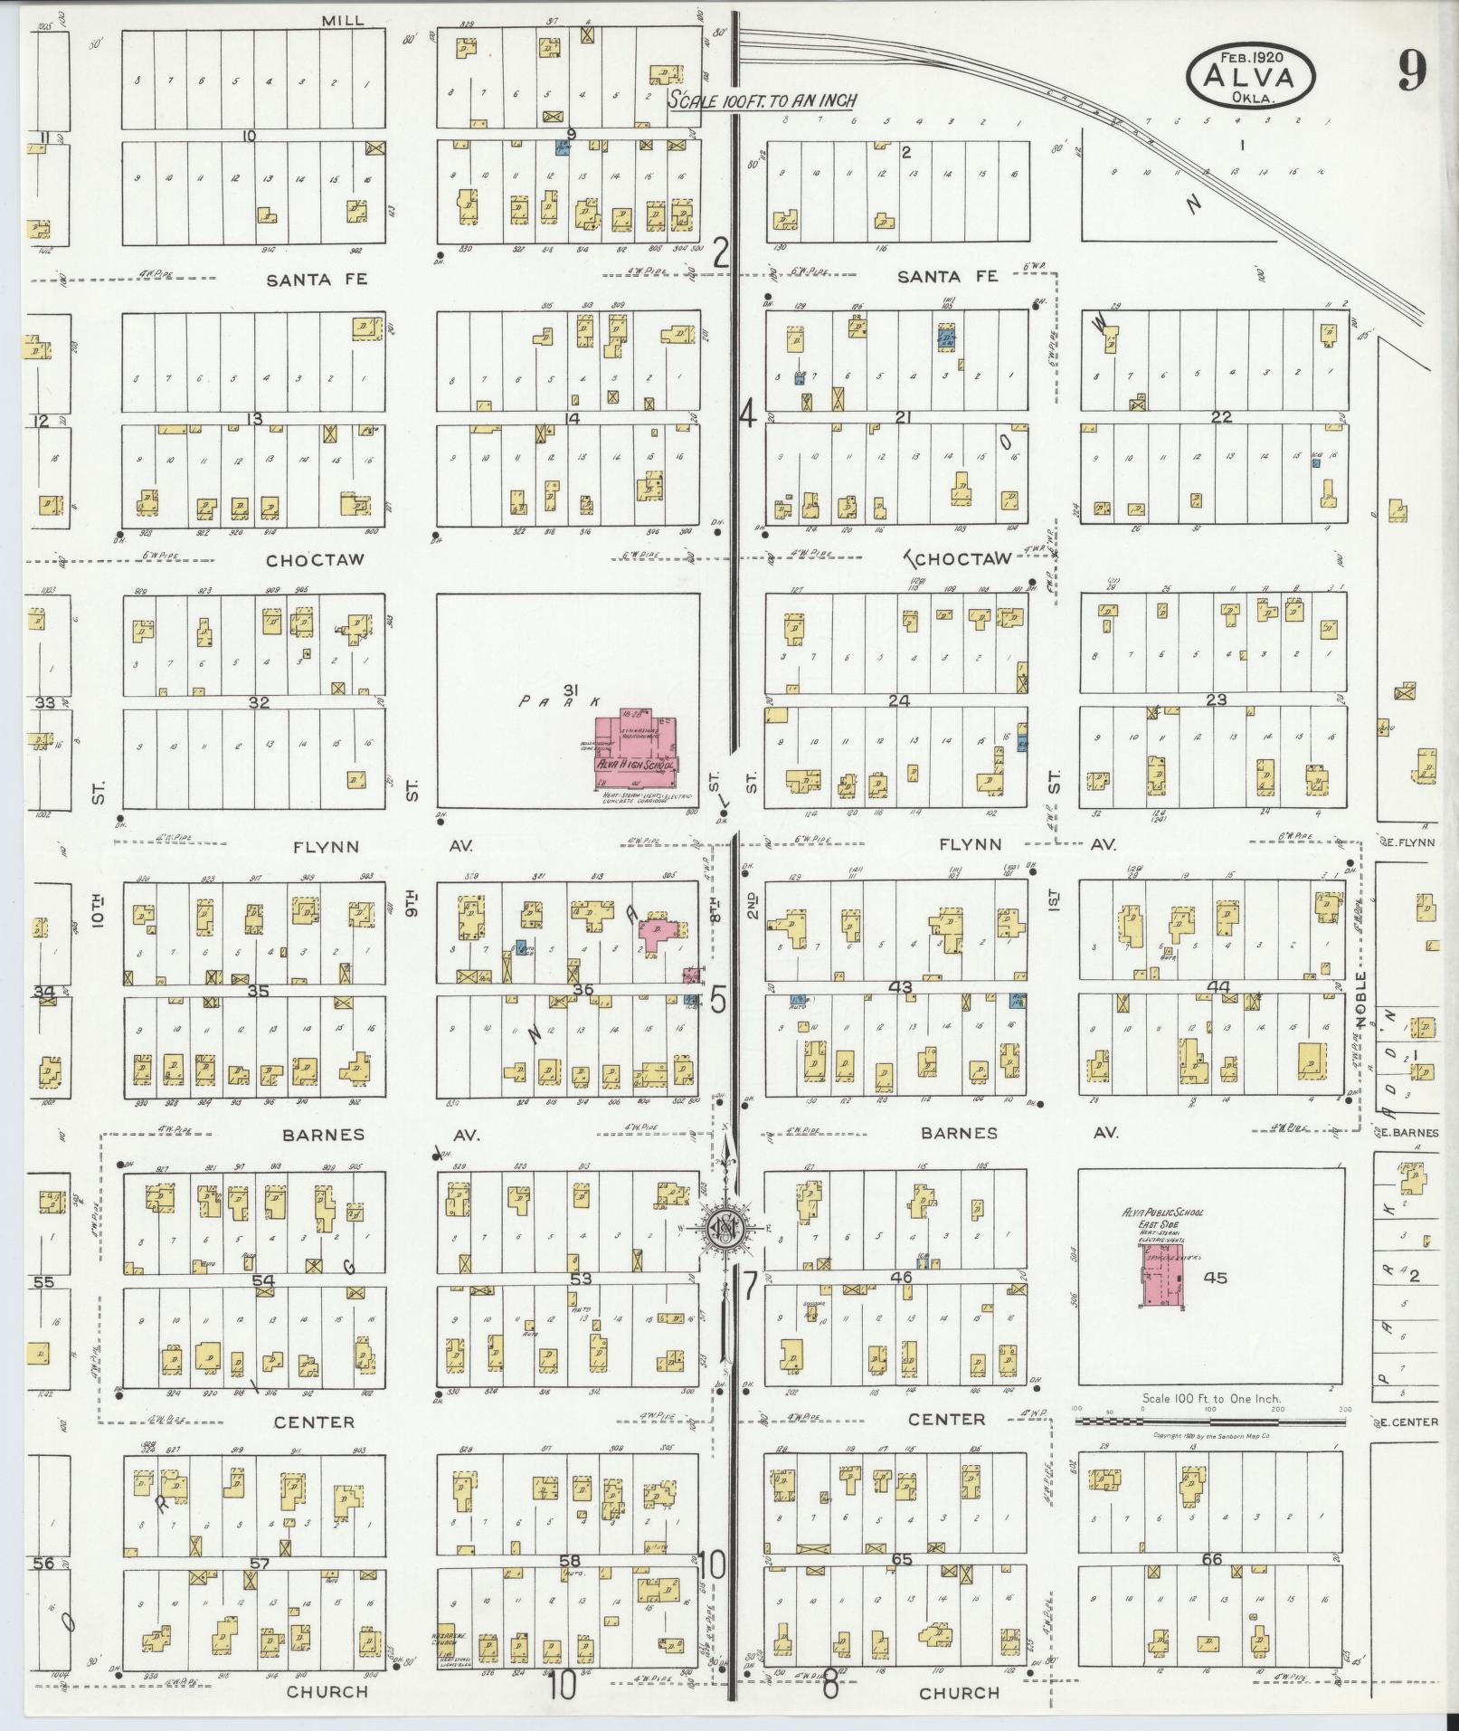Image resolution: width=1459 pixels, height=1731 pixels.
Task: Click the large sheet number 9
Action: pyautogui.click(x=1411, y=71)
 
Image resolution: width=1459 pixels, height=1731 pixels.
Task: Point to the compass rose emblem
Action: pyautogui.click(x=726, y=1227)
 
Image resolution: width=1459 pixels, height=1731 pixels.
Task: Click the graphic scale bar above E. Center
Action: pyautogui.click(x=1208, y=1422)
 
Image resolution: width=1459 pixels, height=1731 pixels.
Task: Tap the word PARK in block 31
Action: pyautogui.click(x=561, y=702)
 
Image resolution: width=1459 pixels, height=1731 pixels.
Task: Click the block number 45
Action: pyautogui.click(x=1215, y=1278)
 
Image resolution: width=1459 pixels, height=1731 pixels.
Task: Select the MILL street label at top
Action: pyautogui.click(x=344, y=20)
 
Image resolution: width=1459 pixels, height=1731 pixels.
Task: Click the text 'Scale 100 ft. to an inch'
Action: pyautogui.click(x=762, y=100)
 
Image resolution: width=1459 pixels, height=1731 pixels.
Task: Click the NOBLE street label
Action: pyautogui.click(x=1360, y=999)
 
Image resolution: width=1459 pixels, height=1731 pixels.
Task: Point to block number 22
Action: pyautogui.click(x=1221, y=416)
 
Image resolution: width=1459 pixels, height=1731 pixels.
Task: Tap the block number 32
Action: pyautogui.click(x=260, y=701)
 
